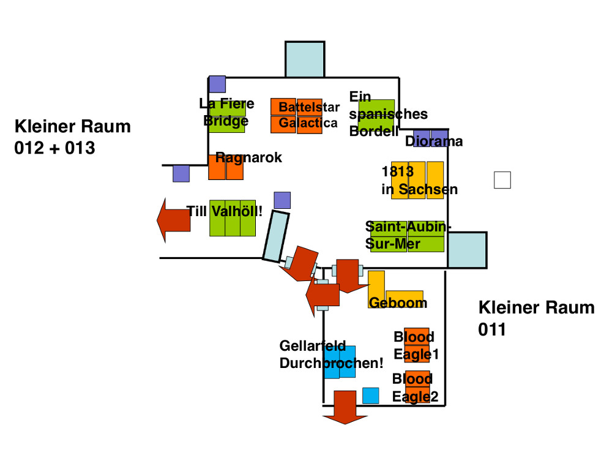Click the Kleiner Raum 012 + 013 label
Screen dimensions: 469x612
tap(72, 137)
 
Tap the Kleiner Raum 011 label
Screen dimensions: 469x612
tap(536, 318)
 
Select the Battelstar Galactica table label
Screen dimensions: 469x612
tap(308, 116)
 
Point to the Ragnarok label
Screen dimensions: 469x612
tap(248, 157)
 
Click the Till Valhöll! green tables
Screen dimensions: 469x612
tap(232, 219)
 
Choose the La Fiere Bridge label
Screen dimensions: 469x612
tap(226, 112)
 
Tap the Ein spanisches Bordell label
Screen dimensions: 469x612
tap(388, 114)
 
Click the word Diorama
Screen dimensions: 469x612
tap(434, 141)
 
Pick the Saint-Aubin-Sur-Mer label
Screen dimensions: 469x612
tap(407, 235)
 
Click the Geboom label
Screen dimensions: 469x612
tap(398, 303)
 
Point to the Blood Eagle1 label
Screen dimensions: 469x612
tap(416, 345)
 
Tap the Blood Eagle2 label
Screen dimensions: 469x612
tap(415, 388)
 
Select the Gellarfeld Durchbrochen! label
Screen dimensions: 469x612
tap(331, 355)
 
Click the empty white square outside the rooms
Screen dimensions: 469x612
tap(502, 180)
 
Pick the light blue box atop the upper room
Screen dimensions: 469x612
tap(305, 59)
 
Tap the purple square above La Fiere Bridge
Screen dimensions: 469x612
tap(217, 84)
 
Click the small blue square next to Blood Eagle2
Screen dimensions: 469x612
tap(370, 396)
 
